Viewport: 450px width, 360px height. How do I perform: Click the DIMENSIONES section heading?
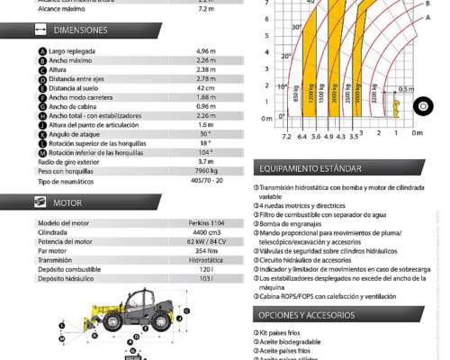(80, 31)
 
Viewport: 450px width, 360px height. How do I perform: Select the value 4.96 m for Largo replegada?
(205, 51)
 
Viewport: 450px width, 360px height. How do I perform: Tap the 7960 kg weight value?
(206, 170)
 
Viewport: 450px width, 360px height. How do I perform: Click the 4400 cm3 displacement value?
(206, 231)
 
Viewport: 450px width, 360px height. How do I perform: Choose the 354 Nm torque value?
(206, 250)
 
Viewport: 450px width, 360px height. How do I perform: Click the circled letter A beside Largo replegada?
(42, 51)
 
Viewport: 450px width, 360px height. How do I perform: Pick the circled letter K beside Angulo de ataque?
(42, 132)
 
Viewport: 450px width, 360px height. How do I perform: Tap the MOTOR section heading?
(67, 203)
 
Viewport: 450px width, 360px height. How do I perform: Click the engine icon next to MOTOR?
(41, 203)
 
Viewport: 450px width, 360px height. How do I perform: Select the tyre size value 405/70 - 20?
(206, 180)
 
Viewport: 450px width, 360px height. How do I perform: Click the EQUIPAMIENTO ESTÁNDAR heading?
(310, 168)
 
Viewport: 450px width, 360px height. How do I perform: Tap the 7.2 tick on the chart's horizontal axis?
(286, 136)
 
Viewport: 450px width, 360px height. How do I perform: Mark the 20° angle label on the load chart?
(287, 57)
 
